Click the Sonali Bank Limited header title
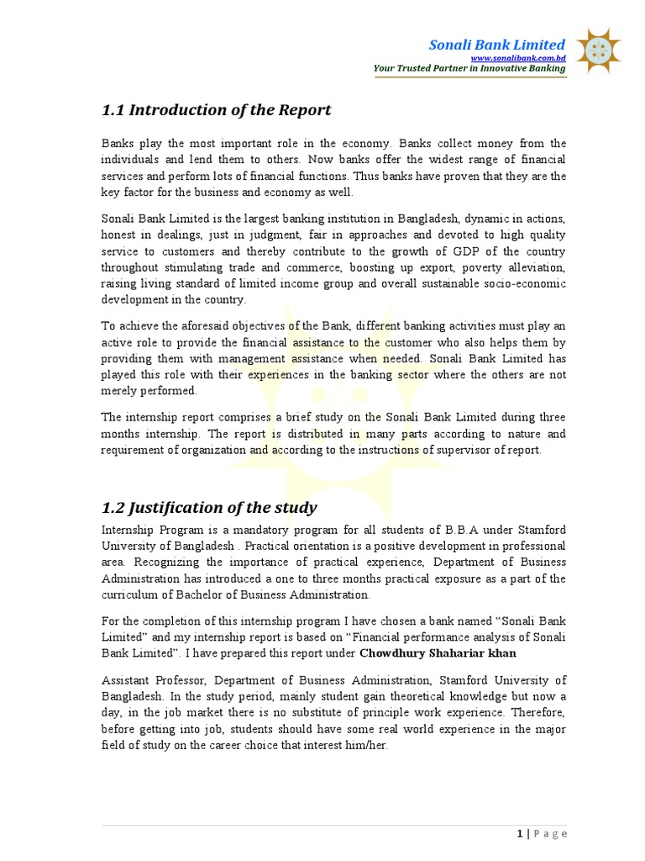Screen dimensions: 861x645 (497, 45)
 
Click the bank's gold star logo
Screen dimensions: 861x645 (597, 50)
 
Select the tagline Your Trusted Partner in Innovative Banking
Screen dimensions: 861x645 (469, 68)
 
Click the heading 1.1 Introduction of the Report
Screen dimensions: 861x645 (216, 110)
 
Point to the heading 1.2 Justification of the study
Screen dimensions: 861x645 (209, 507)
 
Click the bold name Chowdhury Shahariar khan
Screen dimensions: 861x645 (438, 652)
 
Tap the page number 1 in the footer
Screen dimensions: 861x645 (520, 833)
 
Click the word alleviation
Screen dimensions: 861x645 (533, 267)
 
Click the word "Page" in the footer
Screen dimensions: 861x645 (550, 833)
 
